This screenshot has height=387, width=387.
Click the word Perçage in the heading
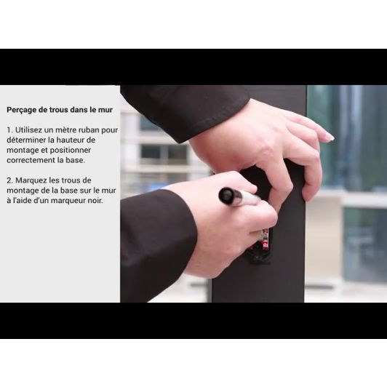[x=22, y=110]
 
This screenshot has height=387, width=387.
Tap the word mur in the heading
[x=105, y=110]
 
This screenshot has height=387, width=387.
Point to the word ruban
[x=88, y=129]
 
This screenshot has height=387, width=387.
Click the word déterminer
[x=26, y=140]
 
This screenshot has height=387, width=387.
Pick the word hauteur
[x=70, y=140]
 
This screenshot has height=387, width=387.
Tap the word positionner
[x=71, y=151]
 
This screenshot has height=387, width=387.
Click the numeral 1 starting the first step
[x=9, y=129]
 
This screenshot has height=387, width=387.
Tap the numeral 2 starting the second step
[x=9, y=180]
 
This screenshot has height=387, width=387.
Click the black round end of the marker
[x=226, y=196]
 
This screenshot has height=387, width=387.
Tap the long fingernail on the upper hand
[x=329, y=137]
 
